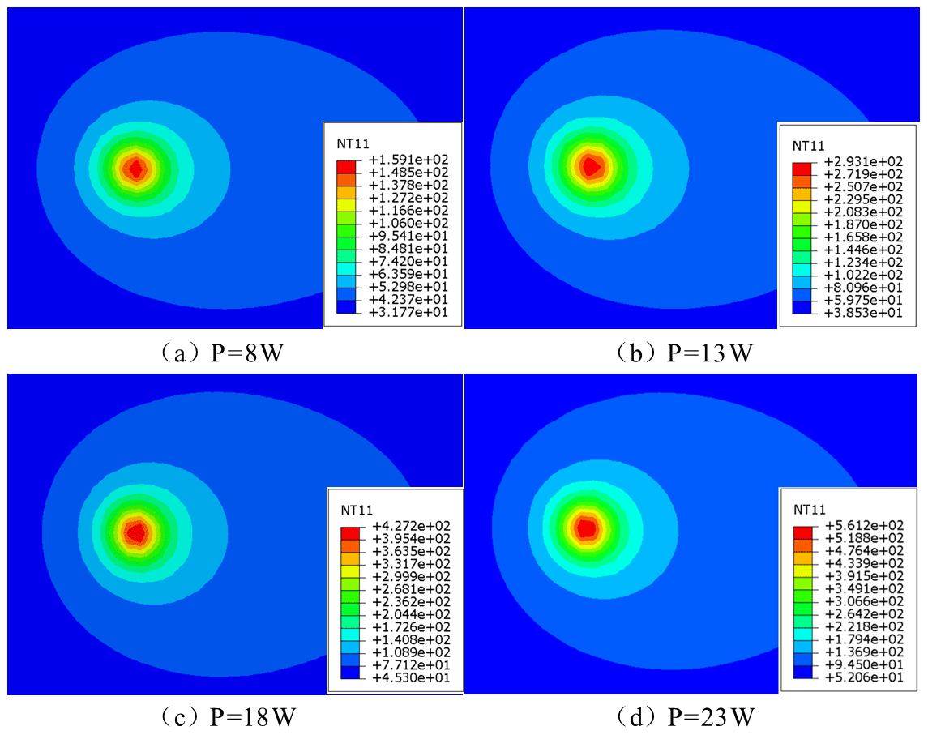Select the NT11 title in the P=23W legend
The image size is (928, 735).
coord(809,510)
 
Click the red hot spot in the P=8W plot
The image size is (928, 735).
coord(136,168)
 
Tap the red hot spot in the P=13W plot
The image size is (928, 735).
coord(592,166)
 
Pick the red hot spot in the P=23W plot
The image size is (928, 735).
coord(586,528)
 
